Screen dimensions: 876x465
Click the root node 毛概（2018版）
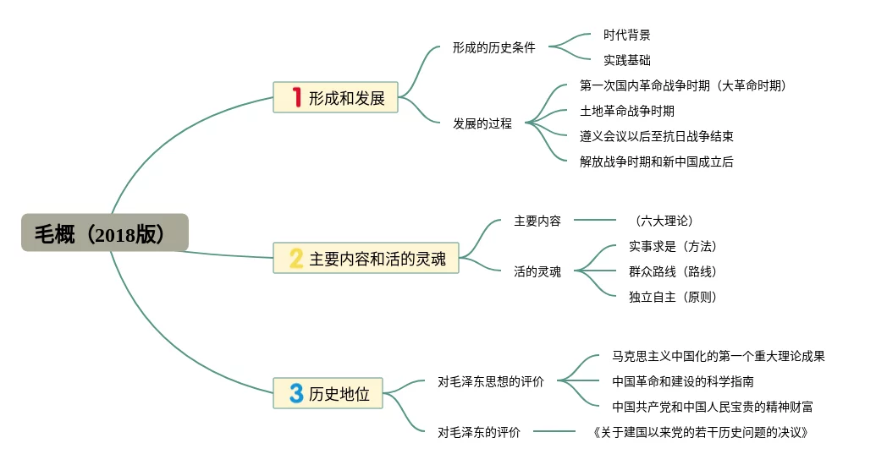coord(104,232)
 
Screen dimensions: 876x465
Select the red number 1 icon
coord(297,97)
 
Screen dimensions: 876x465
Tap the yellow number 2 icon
coord(296,258)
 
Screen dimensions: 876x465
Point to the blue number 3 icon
coord(296,393)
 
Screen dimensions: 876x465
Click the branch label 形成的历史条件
coord(494,47)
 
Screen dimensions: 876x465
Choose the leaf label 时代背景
coord(627,35)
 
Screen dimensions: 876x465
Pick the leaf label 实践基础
coord(627,60)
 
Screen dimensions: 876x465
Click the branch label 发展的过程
coord(482,123)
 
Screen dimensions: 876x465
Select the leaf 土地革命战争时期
coord(627,111)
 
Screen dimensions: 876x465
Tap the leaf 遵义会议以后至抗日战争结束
coord(657,135)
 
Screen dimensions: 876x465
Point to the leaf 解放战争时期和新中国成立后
coord(657,161)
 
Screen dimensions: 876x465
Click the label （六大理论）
coord(664,221)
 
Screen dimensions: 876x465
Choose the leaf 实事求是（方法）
coord(673,246)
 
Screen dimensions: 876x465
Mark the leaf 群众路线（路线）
coord(673,271)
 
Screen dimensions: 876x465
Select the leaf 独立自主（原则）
coord(673,297)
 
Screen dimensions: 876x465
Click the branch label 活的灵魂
coord(537,271)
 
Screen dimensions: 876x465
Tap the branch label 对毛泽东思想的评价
coord(491,381)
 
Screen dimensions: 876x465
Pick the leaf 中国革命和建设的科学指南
coord(683,381)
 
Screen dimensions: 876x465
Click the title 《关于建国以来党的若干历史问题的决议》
coord(701,432)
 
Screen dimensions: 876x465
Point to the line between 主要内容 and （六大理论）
coord(595,220)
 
